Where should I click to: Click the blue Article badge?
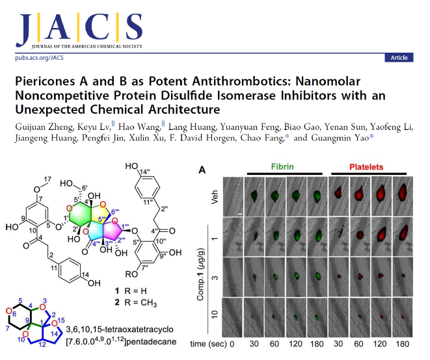pyautogui.click(x=399, y=58)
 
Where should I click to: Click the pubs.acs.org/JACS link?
pyautogui.click(x=39, y=58)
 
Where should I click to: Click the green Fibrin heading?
pyautogui.click(x=282, y=166)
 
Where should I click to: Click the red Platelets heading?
pyautogui.click(x=366, y=167)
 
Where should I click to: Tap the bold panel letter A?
pyautogui.click(x=202, y=170)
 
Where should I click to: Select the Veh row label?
pyautogui.click(x=215, y=197)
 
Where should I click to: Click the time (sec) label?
pyautogui.click(x=208, y=344)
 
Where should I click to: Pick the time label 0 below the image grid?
pyautogui.click(x=232, y=344)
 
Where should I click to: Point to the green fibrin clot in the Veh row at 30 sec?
pyautogui.click(x=254, y=196)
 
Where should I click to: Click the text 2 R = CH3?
pyautogui.click(x=136, y=302)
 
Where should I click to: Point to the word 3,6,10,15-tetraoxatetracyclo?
pyautogui.click(x=120, y=329)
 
